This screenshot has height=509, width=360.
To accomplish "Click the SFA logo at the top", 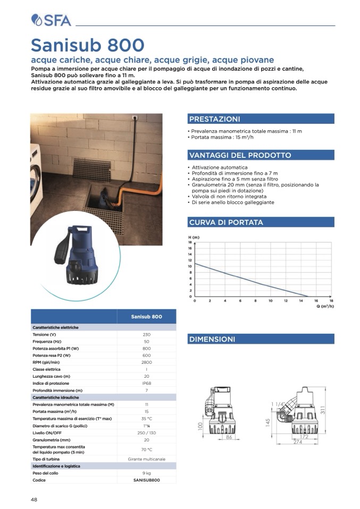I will pyautogui.click(x=51, y=20).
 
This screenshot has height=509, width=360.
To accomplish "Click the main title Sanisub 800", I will pyautogui.click(x=87, y=45).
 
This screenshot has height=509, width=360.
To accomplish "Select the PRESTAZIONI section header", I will pyautogui.click(x=215, y=119).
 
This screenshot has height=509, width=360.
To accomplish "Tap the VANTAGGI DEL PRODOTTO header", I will pyautogui.click(x=240, y=155).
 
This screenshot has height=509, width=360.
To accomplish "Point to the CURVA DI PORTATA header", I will pyautogui.click(x=226, y=222).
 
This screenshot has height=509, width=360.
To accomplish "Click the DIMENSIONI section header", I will pyautogui.click(x=212, y=339).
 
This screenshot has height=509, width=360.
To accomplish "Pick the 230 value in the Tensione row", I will pyautogui.click(x=146, y=335).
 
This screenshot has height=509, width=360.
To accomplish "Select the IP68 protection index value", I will pyautogui.click(x=146, y=383).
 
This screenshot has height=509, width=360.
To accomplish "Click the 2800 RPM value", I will pyautogui.click(x=146, y=362).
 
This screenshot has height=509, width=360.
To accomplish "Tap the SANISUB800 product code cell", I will pyautogui.click(x=146, y=480).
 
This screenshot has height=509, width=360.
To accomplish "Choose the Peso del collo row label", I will pyautogui.click(x=45, y=473).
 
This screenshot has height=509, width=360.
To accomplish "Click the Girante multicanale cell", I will pyautogui.click(x=146, y=459).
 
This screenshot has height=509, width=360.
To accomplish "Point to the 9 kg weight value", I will pyautogui.click(x=146, y=473).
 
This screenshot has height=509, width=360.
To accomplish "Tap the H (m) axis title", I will pyautogui.click(x=194, y=236).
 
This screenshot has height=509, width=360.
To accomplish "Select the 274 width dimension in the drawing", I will pyautogui.click(x=297, y=442).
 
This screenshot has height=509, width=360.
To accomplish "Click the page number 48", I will pyautogui.click(x=34, y=499).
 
